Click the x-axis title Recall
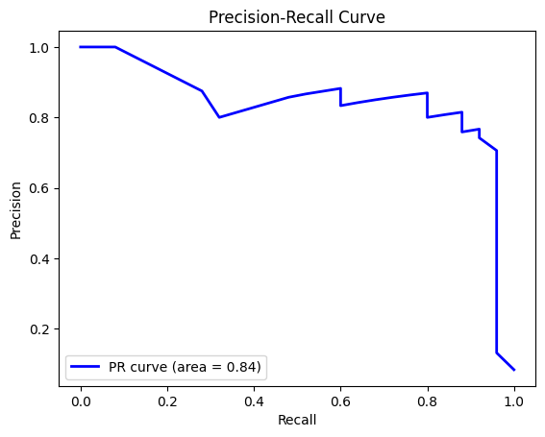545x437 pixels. click(x=297, y=421)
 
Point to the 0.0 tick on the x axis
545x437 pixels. click(x=81, y=401)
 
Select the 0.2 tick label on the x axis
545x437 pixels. click(x=167, y=401)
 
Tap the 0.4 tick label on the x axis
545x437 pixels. click(x=254, y=401)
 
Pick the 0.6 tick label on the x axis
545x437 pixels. click(x=340, y=401)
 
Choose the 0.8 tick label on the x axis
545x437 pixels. click(x=428, y=401)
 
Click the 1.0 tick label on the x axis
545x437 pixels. click(x=514, y=401)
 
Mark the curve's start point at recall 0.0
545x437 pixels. click(x=81, y=47)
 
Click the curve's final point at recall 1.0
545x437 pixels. click(x=514, y=370)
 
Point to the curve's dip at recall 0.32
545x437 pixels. click(x=219, y=117)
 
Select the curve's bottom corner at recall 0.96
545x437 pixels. click(x=497, y=352)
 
